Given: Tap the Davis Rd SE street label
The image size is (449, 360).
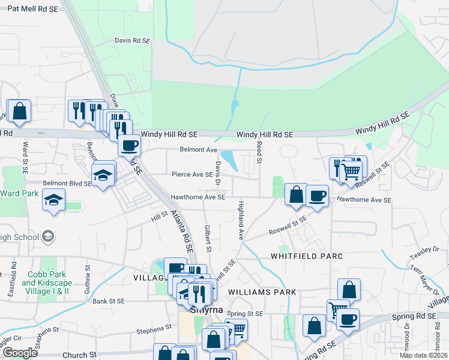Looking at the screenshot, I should (x=132, y=40).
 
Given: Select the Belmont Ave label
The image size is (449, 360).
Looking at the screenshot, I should (x=198, y=149).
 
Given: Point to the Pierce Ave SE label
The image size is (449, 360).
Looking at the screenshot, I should (x=192, y=175).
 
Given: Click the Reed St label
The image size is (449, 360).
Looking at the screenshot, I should (x=259, y=153).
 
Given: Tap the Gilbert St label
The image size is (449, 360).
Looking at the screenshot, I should (x=208, y=238).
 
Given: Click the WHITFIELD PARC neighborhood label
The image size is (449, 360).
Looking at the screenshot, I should (x=306, y=256).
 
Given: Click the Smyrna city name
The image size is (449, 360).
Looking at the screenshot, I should (x=206, y=311).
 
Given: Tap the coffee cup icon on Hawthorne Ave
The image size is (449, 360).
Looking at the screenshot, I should (x=317, y=195).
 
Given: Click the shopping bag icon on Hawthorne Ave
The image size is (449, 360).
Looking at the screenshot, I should (x=296, y=194).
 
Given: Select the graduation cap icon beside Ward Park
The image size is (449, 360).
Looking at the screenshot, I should (x=54, y=200).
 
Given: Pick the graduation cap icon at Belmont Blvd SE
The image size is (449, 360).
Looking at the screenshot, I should (x=103, y=174).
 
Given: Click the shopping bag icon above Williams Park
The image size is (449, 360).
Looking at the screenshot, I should (x=349, y=290).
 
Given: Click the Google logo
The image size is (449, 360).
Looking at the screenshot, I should (x=20, y=353).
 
